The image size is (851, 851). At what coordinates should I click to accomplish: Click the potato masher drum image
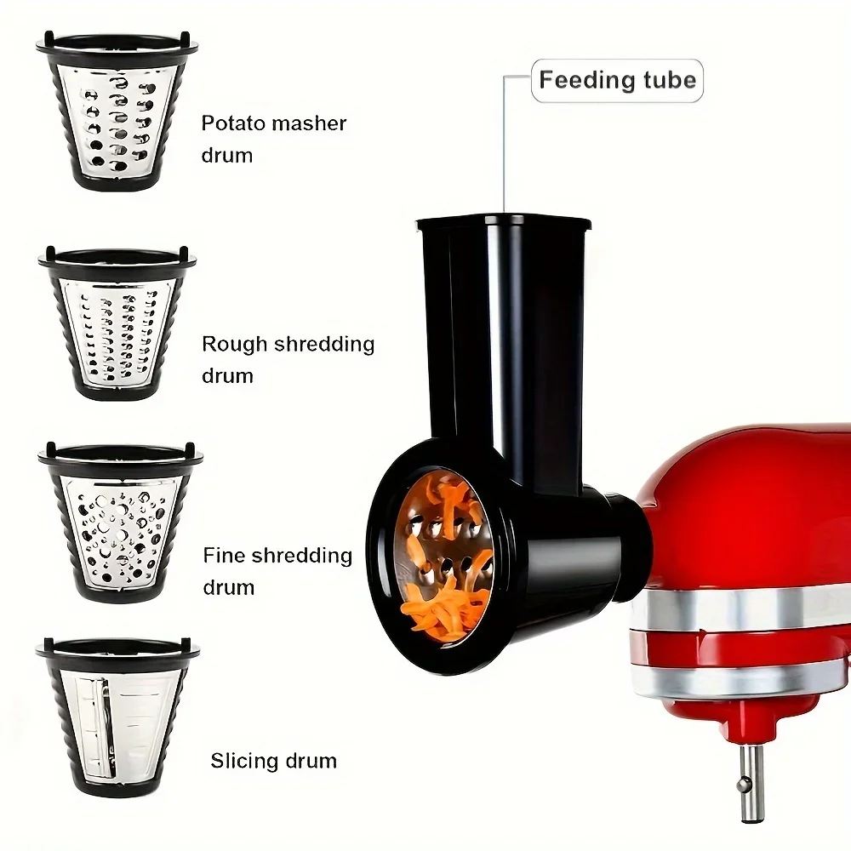tap(117, 111)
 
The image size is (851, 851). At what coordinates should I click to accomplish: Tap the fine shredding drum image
tap(120, 523)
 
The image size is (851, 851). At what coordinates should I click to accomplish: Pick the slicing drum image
tap(117, 717)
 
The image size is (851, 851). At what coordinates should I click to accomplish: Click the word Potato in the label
tap(233, 123)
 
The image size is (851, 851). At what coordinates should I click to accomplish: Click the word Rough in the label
tap(235, 345)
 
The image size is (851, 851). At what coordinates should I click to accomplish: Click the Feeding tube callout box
tap(617, 80)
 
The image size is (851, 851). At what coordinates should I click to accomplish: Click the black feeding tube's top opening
tap(504, 222)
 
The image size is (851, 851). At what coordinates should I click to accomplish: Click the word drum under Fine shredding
tap(228, 588)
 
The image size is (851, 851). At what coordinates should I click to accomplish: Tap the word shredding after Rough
tap(324, 345)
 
